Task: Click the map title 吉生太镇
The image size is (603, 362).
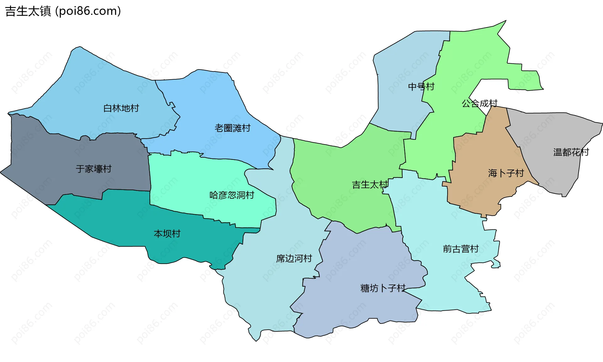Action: [x=28, y=11]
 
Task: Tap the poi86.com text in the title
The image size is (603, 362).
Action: [x=88, y=11]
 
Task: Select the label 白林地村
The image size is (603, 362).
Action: [x=121, y=108]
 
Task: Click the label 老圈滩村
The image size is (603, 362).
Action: [x=232, y=128]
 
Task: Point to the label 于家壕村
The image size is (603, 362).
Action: [x=94, y=169]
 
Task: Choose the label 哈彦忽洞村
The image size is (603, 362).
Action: [x=232, y=195]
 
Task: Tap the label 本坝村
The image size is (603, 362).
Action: [x=167, y=233]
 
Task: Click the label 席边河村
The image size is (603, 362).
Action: [x=294, y=258]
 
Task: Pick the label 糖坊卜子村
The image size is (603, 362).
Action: [x=383, y=288]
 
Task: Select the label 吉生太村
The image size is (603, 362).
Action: [x=370, y=185]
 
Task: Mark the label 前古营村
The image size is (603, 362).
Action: [x=460, y=249]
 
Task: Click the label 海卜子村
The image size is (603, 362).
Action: [x=506, y=173]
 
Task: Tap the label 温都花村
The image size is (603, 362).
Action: [x=571, y=152]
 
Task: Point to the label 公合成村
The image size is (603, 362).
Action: [x=479, y=103]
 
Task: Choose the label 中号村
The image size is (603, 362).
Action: [x=421, y=87]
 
